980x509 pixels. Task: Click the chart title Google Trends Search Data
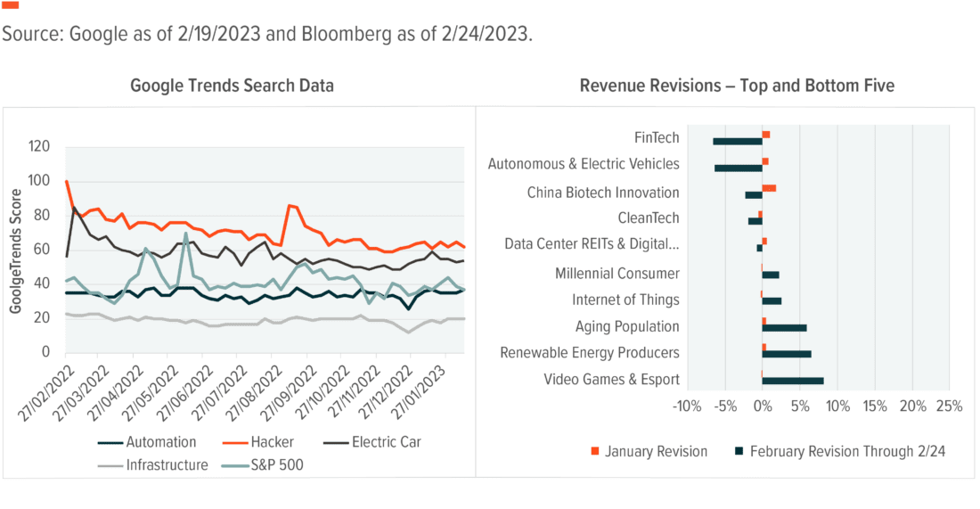click(232, 86)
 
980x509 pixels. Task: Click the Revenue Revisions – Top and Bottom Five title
click(736, 86)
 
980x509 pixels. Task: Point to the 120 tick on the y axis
click(41, 147)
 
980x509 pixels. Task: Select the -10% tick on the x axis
click(686, 407)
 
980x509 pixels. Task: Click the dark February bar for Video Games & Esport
click(793, 382)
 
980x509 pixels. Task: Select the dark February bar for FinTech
click(737, 141)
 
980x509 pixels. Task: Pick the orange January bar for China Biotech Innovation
click(769, 188)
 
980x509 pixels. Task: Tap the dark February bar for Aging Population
click(784, 328)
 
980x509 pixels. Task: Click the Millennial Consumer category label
click(617, 274)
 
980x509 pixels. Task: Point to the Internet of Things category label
click(625, 300)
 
